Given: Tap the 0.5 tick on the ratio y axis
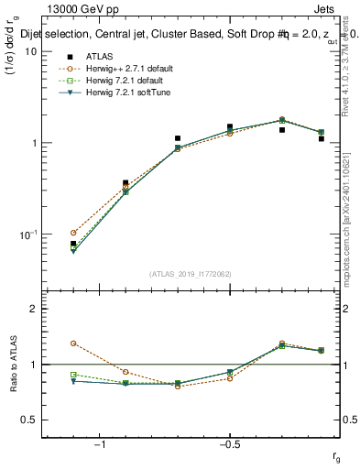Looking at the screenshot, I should [x=30, y=420].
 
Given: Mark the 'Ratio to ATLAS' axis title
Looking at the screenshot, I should [x=14, y=364].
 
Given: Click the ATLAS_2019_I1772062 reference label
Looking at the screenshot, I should [x=191, y=274].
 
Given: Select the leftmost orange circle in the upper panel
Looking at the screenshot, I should [x=73, y=233].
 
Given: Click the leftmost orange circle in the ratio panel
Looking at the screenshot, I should [x=73, y=344].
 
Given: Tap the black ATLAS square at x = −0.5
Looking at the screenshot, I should [x=230, y=127].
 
